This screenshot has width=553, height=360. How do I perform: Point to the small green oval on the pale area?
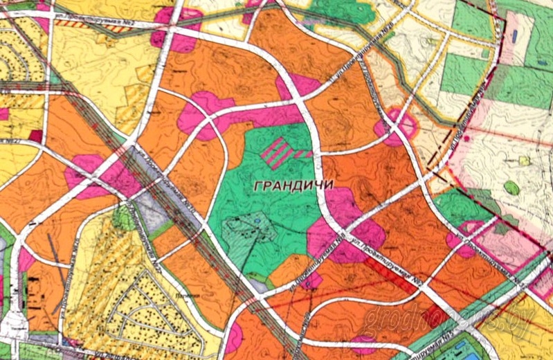pos(511,187)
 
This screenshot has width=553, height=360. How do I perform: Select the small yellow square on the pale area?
pos(524,161)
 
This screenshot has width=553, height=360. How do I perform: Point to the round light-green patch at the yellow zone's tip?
pos(123,219)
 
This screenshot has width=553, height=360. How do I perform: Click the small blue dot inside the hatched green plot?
pos(257,221)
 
